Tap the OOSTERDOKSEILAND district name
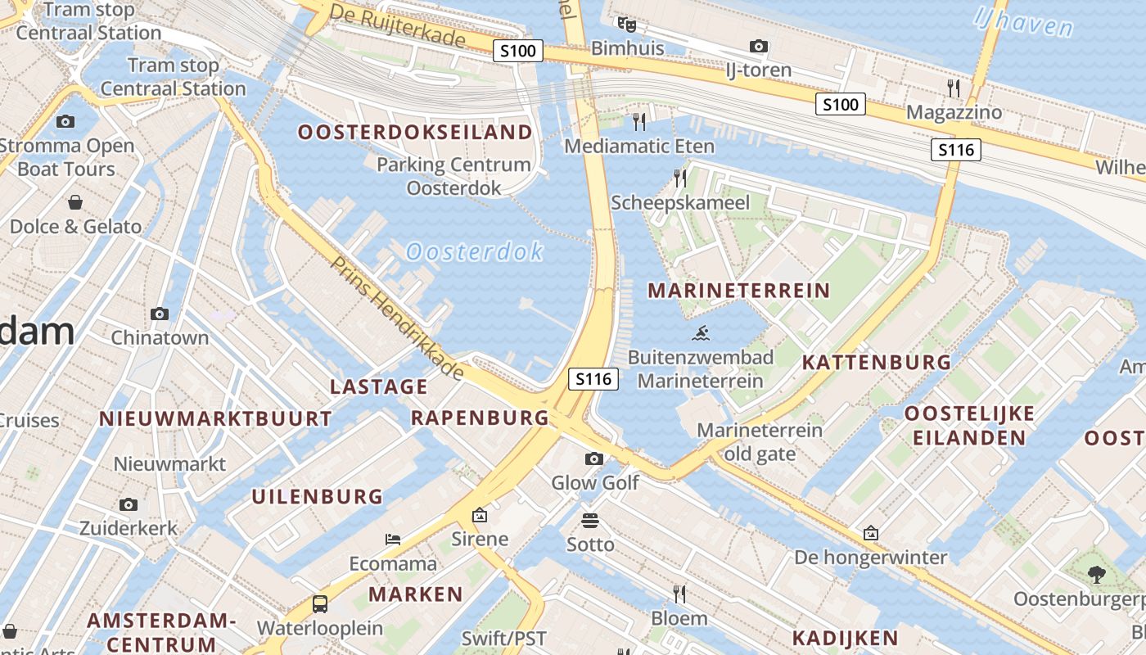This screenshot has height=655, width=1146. tap(415, 132)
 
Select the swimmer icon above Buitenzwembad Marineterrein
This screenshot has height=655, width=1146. tap(701, 333)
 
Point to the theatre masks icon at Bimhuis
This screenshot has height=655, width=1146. tap(626, 24)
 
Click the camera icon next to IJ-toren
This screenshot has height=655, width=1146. tap(759, 46)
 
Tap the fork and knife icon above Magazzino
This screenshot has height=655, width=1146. tap(954, 88)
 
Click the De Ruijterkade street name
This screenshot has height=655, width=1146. tap(398, 25)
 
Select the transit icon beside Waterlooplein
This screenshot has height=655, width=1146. tap(320, 604)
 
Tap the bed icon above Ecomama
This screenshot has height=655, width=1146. tap(393, 540)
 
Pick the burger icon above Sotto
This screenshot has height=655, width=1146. tap(590, 520)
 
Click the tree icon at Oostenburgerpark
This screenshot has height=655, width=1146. tap(1097, 575)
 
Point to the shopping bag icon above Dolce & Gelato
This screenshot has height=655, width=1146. tap(75, 201)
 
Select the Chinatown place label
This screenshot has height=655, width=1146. tap(160, 337)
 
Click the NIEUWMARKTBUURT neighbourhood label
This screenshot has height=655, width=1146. tap(215, 418)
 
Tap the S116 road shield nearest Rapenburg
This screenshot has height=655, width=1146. tap(593, 379)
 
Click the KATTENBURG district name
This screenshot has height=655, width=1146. tap(876, 362)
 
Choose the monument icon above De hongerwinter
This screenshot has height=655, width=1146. tap(871, 533)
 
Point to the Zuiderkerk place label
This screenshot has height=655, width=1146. tap(129, 528)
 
